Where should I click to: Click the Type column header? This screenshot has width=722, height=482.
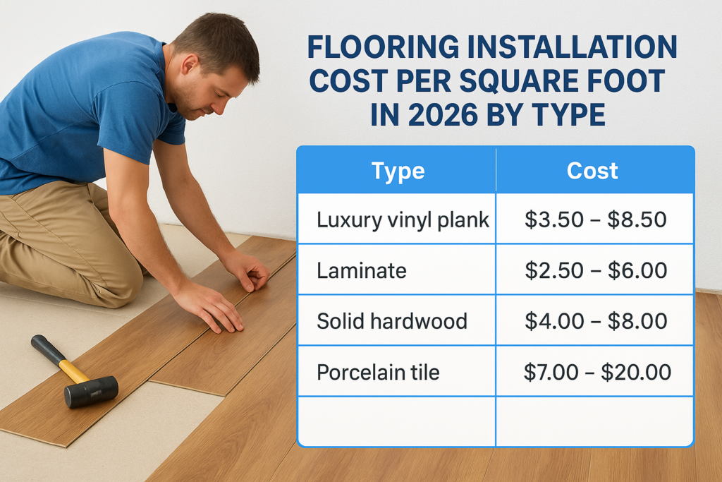click(x=397, y=171)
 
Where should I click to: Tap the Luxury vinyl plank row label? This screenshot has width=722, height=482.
click(x=403, y=219)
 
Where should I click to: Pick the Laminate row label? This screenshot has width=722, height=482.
click(x=362, y=270)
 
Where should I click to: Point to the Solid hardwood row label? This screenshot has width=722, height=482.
click(x=392, y=321)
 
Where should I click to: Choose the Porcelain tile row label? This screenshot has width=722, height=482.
click(x=378, y=372)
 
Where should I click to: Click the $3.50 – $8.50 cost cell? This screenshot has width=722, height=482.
click(x=596, y=219)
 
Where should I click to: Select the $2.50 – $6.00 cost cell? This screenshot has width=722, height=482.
click(x=596, y=270)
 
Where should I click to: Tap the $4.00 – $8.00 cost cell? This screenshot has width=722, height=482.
click(x=596, y=321)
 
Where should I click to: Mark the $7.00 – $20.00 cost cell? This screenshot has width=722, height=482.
click(x=596, y=372)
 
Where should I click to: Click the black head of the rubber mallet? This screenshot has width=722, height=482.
click(x=91, y=391)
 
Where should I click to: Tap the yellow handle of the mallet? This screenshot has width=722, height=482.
click(x=67, y=366)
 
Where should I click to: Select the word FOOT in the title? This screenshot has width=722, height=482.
click(x=628, y=82)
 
